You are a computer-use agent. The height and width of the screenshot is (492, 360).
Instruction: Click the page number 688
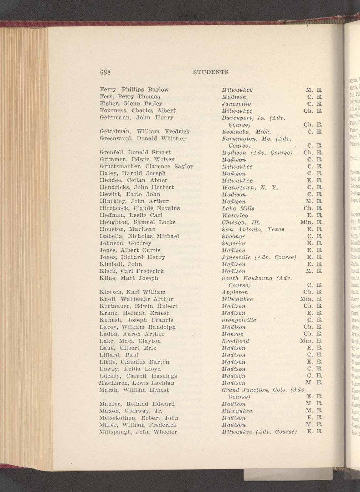click(106, 72)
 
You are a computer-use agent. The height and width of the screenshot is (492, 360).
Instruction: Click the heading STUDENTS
click(210, 72)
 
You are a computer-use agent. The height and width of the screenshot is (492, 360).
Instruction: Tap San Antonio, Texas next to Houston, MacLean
click(249, 229)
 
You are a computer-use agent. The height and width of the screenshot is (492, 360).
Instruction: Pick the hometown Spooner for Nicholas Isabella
click(233, 236)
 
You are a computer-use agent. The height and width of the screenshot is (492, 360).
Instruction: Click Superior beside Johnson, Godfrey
click(233, 243)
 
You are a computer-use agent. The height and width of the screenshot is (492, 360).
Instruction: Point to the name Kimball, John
click(120, 264)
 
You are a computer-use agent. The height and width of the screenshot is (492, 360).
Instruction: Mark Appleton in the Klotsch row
click(235, 292)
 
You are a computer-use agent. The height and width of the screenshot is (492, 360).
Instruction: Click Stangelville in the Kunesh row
click(238, 320)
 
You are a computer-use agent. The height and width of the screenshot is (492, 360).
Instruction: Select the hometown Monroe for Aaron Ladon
click(232, 334)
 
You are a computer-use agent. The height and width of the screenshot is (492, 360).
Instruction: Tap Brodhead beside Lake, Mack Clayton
click(235, 341)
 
